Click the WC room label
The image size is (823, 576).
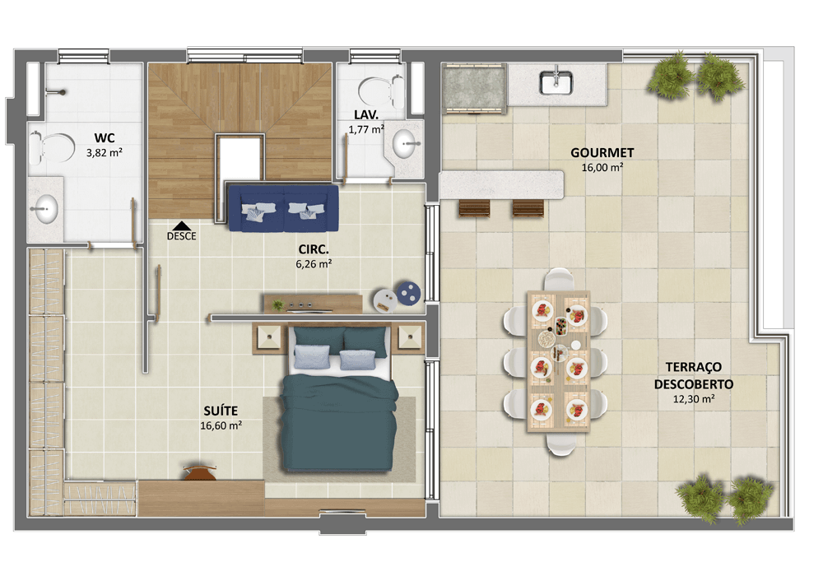pyautogui.click(x=105, y=138)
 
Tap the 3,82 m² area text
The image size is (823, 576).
pyautogui.click(x=105, y=153)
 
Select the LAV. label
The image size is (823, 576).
pyautogui.click(x=366, y=114)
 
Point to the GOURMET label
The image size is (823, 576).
pyautogui.click(x=602, y=153)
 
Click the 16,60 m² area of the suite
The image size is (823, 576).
pyautogui.click(x=221, y=425)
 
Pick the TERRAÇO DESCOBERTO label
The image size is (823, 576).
pyautogui.click(x=693, y=375)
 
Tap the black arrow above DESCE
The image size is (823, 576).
pyautogui.click(x=181, y=225)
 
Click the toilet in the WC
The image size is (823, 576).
pyautogui.click(x=52, y=148)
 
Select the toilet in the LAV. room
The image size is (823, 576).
pyautogui.click(x=381, y=91)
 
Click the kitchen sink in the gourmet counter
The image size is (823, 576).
pyautogui.click(x=556, y=82)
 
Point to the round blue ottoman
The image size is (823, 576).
pyautogui.click(x=408, y=293)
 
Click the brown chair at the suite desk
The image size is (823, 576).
pyautogui.click(x=199, y=472)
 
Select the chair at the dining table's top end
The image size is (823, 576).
pyautogui.click(x=559, y=279)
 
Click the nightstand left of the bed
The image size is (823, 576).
pyautogui.click(x=270, y=338)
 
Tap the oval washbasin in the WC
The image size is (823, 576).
pyautogui.click(x=45, y=209)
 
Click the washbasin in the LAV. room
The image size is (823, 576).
pyautogui.click(x=405, y=143)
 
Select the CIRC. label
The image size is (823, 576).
pyautogui.click(x=314, y=249)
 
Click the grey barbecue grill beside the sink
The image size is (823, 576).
pyautogui.click(x=474, y=87)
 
